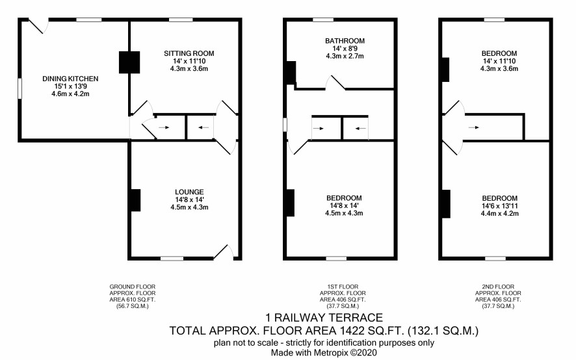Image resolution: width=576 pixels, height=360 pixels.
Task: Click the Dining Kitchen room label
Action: pyautogui.click(x=70, y=79)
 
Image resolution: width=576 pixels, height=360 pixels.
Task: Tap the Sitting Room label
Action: pyautogui.click(x=189, y=53)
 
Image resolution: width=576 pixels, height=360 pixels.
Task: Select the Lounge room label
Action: pyautogui.click(x=189, y=192)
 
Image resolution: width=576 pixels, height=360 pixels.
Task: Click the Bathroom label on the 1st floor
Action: pyautogui.click(x=345, y=41)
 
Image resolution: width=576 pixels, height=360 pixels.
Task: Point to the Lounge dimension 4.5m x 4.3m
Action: pyautogui.click(x=189, y=207)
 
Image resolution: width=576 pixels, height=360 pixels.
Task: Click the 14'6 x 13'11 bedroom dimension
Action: pyautogui.click(x=499, y=206)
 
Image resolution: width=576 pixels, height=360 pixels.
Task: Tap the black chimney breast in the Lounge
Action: pyautogui.click(x=136, y=200)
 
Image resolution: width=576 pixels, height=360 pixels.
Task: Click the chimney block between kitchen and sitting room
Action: pyautogui.click(x=129, y=62)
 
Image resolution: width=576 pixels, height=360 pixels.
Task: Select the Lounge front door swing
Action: pyautogui.click(x=224, y=252)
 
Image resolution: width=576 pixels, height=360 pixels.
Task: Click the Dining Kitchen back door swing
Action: pyautogui.click(x=38, y=26)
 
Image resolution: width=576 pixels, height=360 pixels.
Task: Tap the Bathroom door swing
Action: pyautogui.click(x=335, y=83)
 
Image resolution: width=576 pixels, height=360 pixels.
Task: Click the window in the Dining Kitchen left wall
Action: pyautogui.click(x=20, y=88)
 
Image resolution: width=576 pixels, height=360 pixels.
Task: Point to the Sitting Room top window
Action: pyautogui.click(x=181, y=20)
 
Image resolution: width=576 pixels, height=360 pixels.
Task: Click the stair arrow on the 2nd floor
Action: pyautogui.click(x=474, y=127)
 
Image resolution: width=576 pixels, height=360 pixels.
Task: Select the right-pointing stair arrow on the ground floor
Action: pyautogui.click(x=164, y=127)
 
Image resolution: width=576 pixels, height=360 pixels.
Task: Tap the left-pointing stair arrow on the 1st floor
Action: pyautogui.click(x=361, y=128)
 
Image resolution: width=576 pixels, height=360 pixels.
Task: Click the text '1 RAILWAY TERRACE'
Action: pyautogui.click(x=324, y=317)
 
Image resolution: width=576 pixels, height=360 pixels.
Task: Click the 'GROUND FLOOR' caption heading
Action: pyautogui.click(x=132, y=287)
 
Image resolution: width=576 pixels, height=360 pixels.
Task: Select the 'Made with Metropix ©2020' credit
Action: pyautogui.click(x=324, y=353)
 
